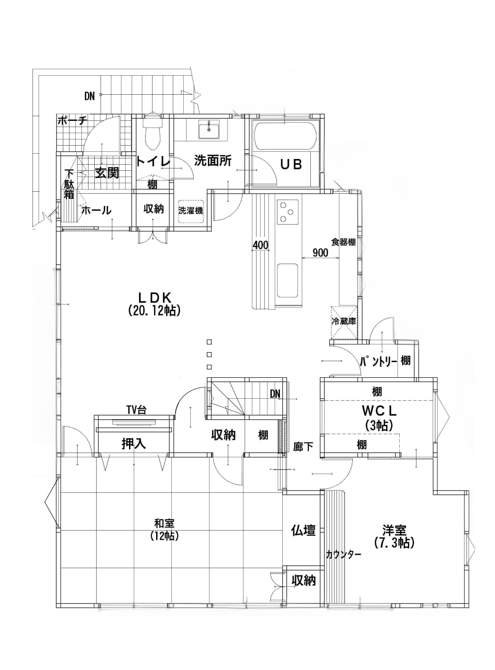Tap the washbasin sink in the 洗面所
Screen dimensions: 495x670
click(209, 129)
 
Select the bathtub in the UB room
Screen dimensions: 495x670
click(285, 135)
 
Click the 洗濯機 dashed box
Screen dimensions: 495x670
click(190, 211)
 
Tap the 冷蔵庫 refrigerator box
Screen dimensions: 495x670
click(344, 323)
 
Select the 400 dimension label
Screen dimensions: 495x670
click(260, 245)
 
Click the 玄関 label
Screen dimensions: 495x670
click(107, 173)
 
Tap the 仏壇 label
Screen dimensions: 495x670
click(303, 530)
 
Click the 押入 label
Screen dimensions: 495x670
click(134, 443)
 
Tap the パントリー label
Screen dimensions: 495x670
click(378, 361)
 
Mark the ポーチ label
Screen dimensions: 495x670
click(72, 121)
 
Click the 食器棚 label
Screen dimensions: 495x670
click(344, 242)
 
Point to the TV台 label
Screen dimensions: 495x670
click(136, 410)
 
